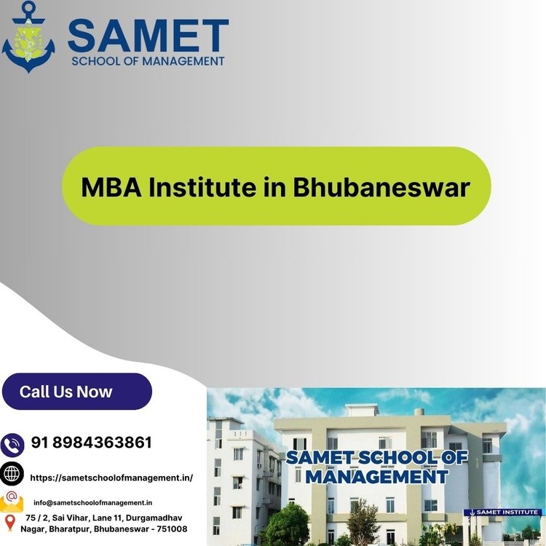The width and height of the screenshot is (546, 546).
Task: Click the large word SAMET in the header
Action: click(x=148, y=36)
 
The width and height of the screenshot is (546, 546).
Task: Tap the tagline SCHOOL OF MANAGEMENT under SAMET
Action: click(x=148, y=61)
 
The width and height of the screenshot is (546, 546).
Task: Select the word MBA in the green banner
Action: click(x=111, y=187)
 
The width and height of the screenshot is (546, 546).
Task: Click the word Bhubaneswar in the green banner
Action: click(x=381, y=187)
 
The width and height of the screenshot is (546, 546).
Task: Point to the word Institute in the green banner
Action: click(x=202, y=187)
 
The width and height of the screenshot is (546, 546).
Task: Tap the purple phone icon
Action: click(x=12, y=445)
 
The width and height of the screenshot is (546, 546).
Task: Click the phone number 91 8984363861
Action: click(x=92, y=442)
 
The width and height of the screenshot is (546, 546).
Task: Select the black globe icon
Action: click(x=12, y=474)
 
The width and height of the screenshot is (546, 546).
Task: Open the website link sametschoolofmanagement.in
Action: click(x=111, y=478)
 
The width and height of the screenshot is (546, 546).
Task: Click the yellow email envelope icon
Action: click(x=12, y=502)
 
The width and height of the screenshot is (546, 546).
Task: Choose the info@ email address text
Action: click(x=92, y=503)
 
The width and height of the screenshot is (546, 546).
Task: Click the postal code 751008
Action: click(x=172, y=529)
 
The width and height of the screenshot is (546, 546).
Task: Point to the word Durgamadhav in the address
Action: click(x=154, y=518)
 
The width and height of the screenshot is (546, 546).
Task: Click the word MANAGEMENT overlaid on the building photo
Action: click(x=377, y=477)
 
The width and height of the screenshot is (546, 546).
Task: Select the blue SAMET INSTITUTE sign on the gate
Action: click(x=502, y=513)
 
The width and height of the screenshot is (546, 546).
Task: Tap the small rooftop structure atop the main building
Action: click(x=363, y=410)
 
